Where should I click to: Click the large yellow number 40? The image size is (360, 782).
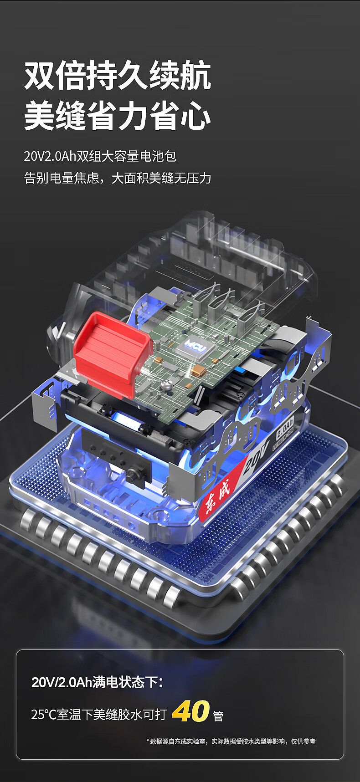pos(190,711)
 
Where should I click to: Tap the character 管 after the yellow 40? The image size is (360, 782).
pos(218,716)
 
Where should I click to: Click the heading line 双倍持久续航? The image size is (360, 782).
pos(118,76)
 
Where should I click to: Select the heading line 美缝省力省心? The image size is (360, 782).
pos(118,117)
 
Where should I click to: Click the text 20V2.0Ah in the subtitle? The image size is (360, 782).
pos(50,156)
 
